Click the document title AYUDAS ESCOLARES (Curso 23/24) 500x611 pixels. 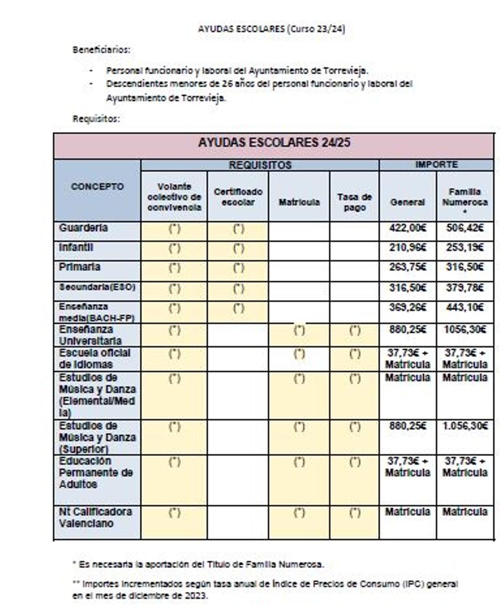click(271, 29)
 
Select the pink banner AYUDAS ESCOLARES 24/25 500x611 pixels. click(274, 143)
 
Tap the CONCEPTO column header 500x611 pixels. click(97, 187)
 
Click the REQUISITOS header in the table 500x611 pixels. click(260, 165)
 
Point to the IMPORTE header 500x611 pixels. click(436, 165)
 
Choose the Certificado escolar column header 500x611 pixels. click(238, 197)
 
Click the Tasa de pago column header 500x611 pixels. click(354, 202)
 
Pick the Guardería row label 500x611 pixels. click(83, 228)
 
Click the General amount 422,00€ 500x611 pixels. click(407, 228)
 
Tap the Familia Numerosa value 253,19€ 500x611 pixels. click(465, 248)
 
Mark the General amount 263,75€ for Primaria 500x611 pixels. click(407, 267)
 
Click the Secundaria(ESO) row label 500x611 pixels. click(97, 287)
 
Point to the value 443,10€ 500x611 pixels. click(465, 308)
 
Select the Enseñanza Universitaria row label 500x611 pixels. click(90, 335)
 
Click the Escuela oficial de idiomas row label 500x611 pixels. click(95, 358)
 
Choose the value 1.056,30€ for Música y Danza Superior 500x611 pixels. click(465, 426)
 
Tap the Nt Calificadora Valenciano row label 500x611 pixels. click(95, 517)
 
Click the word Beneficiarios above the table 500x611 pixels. click(101, 50)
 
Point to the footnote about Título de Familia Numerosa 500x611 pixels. click(198, 564)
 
